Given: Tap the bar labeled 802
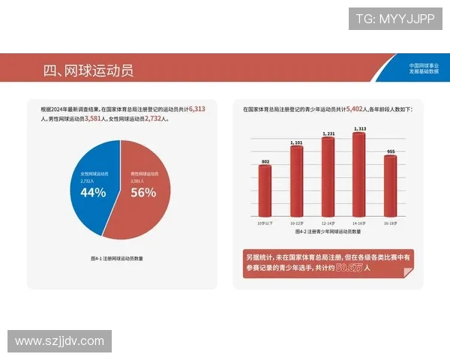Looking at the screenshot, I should tap(265, 190).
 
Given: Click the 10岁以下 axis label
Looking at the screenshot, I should tap(265, 223).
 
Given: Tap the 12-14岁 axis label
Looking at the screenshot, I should tap(328, 223).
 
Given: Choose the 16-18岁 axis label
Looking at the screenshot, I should tap(390, 223).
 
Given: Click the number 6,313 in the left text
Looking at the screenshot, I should tap(197, 109).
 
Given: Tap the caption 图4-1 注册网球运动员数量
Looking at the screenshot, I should tap(117, 257).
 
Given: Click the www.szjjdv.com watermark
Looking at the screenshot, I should tap(59, 341).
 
